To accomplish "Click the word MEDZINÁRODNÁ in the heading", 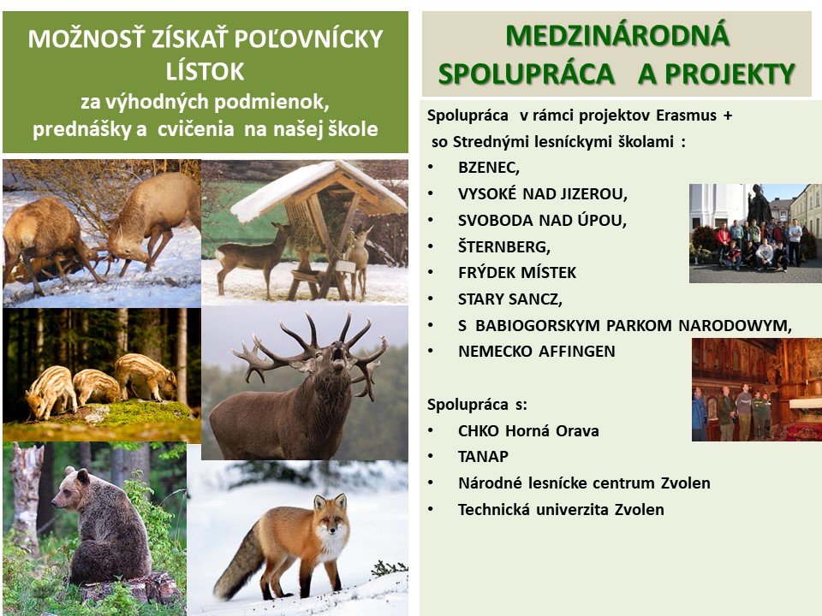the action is tap(617, 35).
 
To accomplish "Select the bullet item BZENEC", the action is tap(489, 168).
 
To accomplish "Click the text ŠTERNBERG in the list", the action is tap(503, 246).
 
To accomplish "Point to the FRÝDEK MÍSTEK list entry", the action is tap(517, 272).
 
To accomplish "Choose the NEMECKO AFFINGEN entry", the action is tap(536, 351).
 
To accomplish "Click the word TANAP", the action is tap(483, 456).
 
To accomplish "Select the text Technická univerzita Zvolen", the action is tap(561, 509).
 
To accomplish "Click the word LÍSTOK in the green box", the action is tap(205, 72).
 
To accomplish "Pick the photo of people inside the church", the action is tap(757, 390).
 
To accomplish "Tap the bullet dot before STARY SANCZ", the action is tap(431, 299).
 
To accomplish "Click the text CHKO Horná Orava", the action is tap(528, 430).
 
